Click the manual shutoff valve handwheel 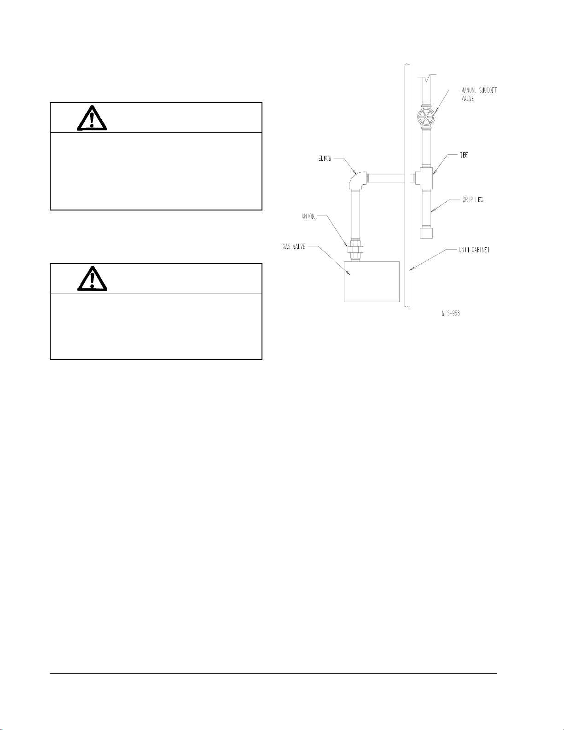coord(425,118)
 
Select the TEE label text coord(464,156)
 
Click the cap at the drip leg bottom coord(426,232)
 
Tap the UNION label coord(308,216)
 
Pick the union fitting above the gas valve coord(355,250)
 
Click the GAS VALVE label coord(294,247)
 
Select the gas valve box coord(372,281)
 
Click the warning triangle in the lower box coord(92,279)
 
